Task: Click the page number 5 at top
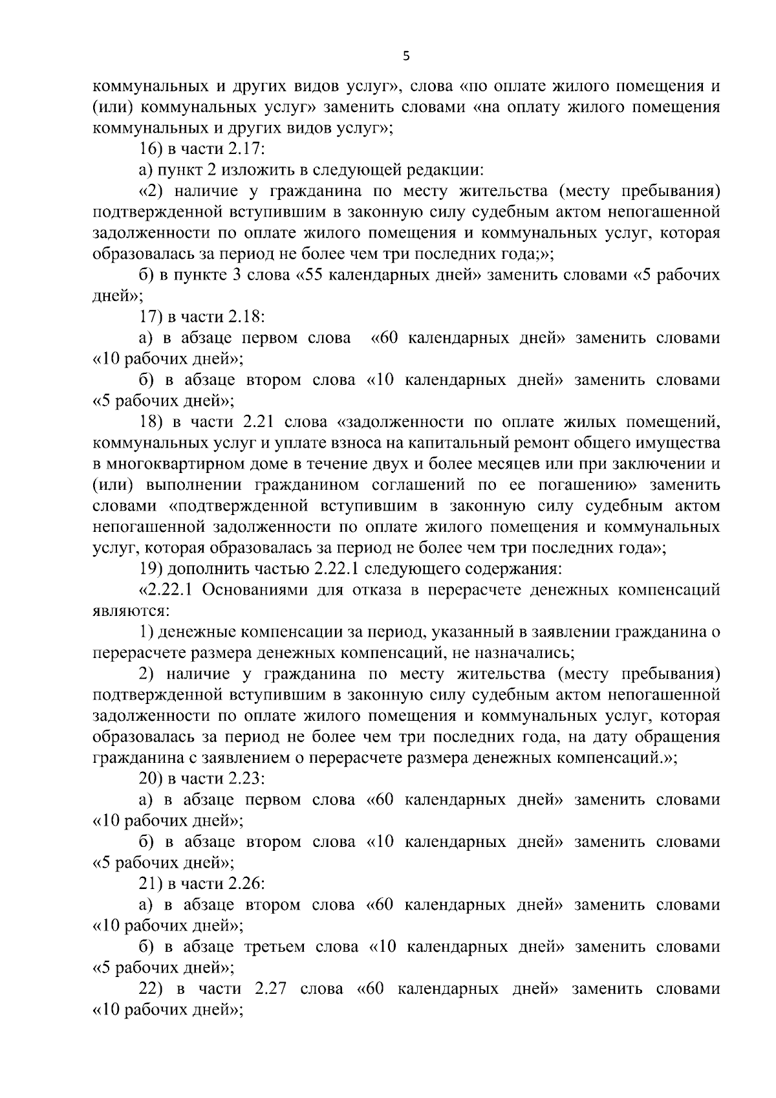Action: point(405,56)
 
